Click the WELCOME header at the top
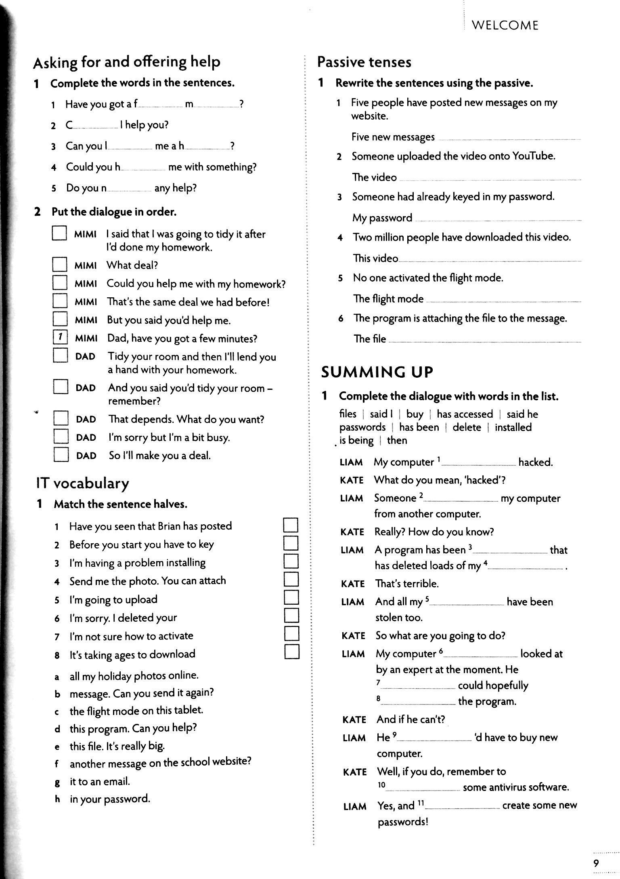505,25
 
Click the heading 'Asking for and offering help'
127,62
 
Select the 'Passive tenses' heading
364,62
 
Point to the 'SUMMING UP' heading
377,372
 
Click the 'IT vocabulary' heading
83,483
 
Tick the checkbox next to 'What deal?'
59,265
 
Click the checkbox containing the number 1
60,338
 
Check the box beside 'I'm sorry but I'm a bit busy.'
61,437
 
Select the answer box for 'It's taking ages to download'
291,652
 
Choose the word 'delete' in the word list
467,427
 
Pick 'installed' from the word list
513,427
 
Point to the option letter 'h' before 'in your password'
57,799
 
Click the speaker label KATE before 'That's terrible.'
353,584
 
